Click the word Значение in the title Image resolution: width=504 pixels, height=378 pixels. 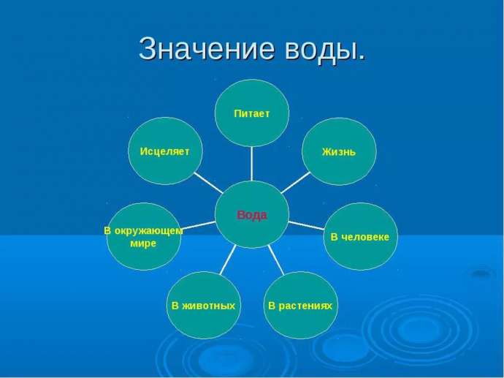pyautogui.click(x=207, y=49)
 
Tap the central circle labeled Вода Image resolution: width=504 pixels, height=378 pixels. pyautogui.click(x=252, y=214)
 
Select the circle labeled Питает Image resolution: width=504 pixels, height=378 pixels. pyautogui.click(x=252, y=113)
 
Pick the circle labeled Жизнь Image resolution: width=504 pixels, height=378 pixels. pyautogui.click(x=339, y=151)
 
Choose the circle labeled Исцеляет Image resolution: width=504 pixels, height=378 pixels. pyautogui.click(x=165, y=151)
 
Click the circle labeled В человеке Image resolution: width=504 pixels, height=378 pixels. pyautogui.click(x=360, y=236)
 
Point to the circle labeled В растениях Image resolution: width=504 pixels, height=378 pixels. pyautogui.click(x=301, y=306)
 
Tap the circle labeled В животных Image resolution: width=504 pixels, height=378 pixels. pyautogui.click(x=204, y=306)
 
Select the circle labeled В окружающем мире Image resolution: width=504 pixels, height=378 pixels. pyautogui.click(x=144, y=236)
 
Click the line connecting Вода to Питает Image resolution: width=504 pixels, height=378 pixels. pyautogui.click(x=252, y=164)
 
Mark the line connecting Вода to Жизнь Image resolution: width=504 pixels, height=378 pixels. pyautogui.click(x=296, y=182)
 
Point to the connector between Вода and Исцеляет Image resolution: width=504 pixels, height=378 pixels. pyautogui.click(x=208, y=182)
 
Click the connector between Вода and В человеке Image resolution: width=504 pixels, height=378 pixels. pyautogui.click(x=306, y=225)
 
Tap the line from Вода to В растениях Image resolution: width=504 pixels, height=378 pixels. pyautogui.click(x=276, y=260)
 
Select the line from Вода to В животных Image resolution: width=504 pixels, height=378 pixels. pyautogui.click(x=228, y=260)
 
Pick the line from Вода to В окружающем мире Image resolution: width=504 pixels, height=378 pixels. pyautogui.click(x=198, y=225)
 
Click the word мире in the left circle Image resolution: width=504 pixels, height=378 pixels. pyautogui.click(x=143, y=243)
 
